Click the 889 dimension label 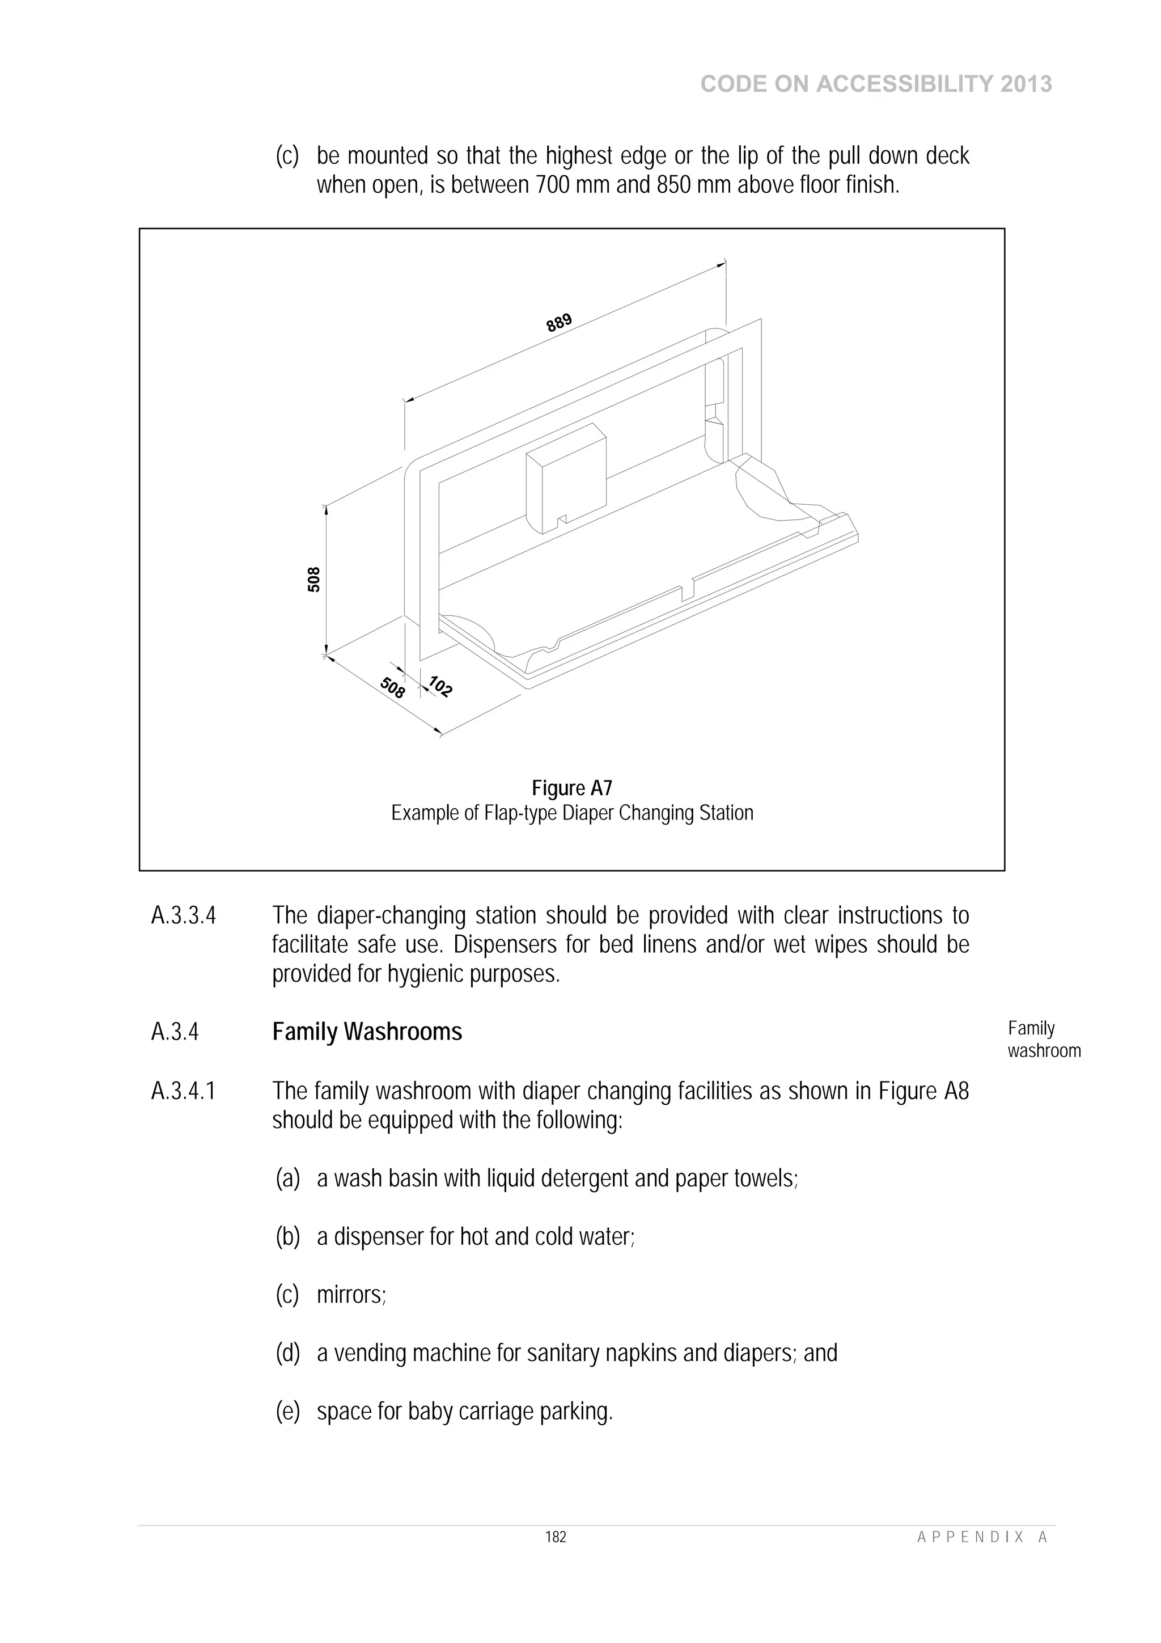coord(560,323)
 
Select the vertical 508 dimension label coord(314,580)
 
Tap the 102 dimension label coord(440,686)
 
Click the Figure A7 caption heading coord(571,788)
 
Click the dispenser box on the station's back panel coord(565,478)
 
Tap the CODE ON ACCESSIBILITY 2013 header coord(876,85)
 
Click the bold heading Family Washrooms coord(367,1032)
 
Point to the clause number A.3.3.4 coord(183,916)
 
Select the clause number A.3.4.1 coord(183,1091)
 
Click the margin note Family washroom coord(1043,1039)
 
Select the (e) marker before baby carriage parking coord(287,1412)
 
